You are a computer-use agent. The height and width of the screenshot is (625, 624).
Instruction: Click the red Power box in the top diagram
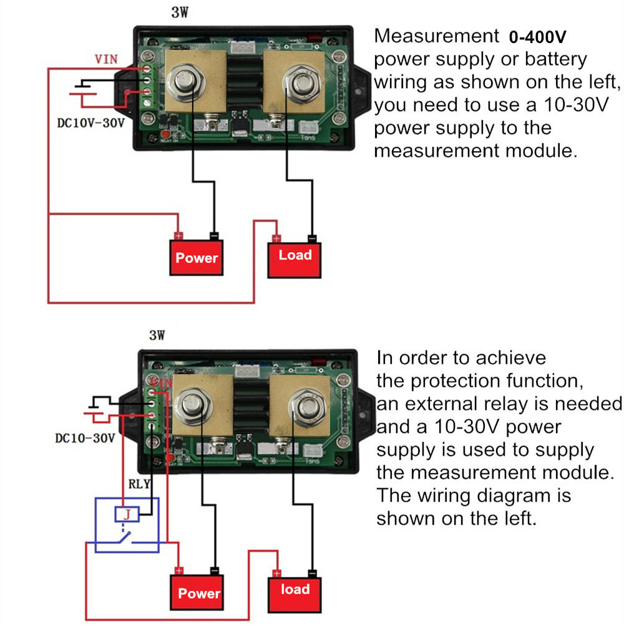(197, 258)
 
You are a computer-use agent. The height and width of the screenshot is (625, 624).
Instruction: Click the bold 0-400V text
(537, 37)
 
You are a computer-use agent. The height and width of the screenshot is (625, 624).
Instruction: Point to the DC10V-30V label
(87, 123)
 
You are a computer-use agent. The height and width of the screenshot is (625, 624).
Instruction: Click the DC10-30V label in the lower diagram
(85, 438)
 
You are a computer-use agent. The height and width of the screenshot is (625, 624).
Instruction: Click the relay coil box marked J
(127, 515)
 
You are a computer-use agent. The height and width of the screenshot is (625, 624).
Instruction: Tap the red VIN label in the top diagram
(106, 60)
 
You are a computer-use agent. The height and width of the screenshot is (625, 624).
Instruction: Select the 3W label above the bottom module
(157, 336)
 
